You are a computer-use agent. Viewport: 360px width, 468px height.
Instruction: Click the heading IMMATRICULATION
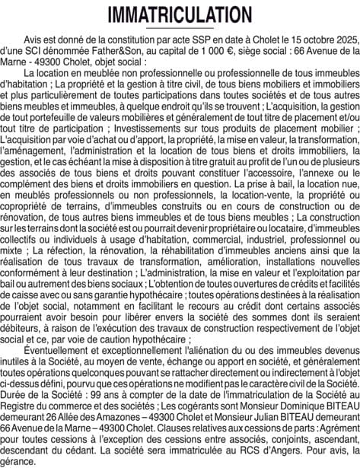click(x=180, y=15)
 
